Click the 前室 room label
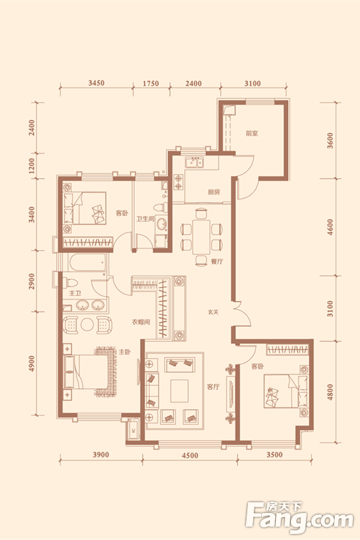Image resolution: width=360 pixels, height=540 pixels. pos(252,133)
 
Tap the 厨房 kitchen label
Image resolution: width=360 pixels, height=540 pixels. pos(214,192)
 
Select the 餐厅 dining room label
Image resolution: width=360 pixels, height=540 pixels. pos(217,262)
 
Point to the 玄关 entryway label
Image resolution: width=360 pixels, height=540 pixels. pos(213,313)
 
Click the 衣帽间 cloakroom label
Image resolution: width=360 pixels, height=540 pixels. pos(141,322)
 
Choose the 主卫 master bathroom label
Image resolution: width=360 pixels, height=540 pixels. pos(75,293)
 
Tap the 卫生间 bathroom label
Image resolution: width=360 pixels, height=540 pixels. pos(145,218)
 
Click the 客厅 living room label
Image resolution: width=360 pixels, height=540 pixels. pos(213,387)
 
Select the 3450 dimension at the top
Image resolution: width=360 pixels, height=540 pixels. pos(96,83)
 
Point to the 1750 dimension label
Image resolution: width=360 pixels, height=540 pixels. pos(151,83)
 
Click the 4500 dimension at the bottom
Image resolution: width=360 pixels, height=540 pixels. pos(190,455)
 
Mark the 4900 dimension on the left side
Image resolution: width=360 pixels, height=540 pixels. pos(32,364)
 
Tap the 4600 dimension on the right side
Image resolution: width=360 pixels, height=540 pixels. pos(330,227)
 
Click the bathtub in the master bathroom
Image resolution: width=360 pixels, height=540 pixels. pos(88,263)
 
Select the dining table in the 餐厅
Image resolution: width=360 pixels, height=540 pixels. pos(201,237)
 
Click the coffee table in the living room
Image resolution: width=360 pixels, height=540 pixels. pos(179,391)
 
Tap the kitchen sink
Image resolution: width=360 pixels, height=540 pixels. pos(194,162)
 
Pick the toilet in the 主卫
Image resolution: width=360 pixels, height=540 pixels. pos(71,283)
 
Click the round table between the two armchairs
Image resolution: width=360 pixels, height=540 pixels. pos(87,325)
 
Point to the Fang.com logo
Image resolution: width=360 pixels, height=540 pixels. pos(299,519)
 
